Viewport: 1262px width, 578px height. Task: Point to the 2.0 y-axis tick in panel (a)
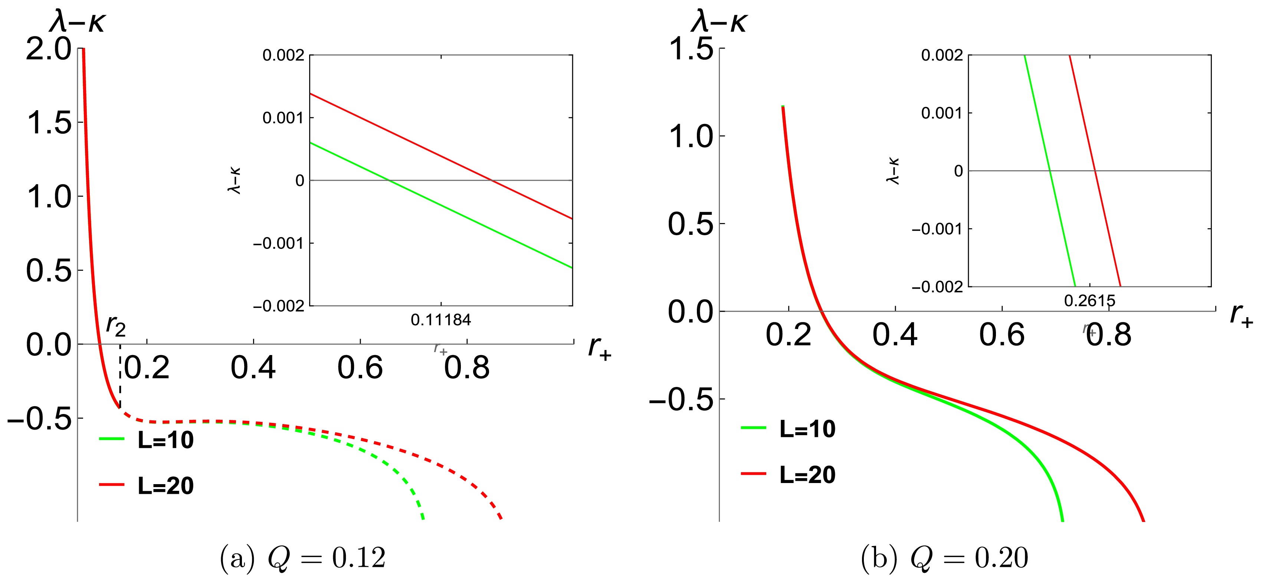(x=49, y=49)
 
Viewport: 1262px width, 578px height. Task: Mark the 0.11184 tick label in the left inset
(x=440, y=320)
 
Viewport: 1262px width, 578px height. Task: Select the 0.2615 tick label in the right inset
(x=1089, y=300)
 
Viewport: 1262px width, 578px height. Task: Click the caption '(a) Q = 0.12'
(x=303, y=558)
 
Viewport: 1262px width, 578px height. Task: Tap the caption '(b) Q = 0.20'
(x=944, y=558)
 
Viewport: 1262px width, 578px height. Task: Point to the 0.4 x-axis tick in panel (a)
(x=253, y=367)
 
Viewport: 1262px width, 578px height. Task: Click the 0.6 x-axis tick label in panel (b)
(x=1002, y=335)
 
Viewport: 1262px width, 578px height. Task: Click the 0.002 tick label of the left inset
(x=283, y=55)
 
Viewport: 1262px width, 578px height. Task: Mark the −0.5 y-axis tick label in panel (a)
(x=39, y=419)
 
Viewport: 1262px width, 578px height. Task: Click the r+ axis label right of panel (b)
(x=1241, y=315)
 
